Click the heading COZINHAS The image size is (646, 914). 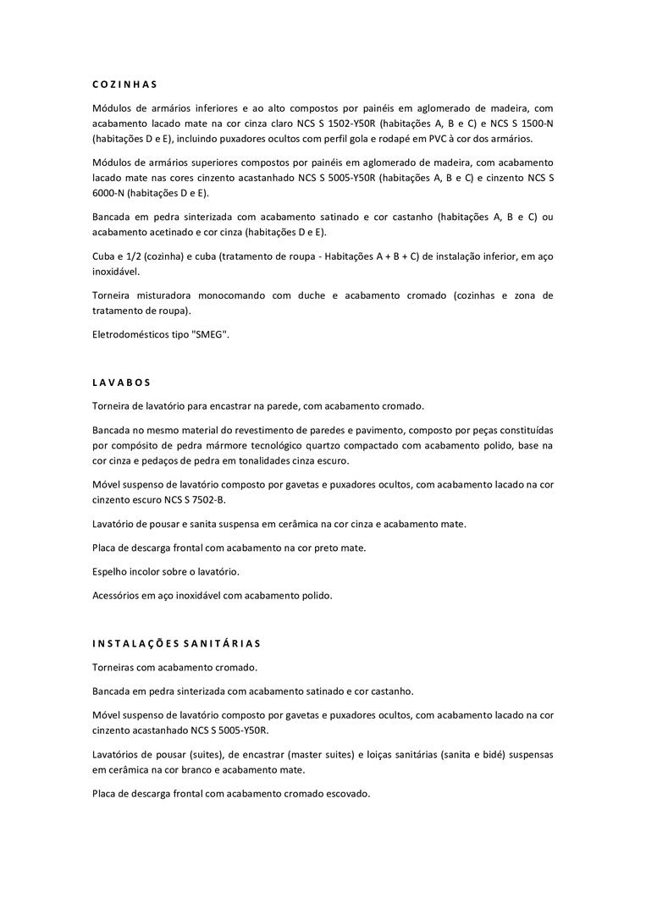125,85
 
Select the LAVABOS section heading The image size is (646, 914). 122,383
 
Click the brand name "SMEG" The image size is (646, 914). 212,334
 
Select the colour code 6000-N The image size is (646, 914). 113,193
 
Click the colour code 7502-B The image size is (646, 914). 205,500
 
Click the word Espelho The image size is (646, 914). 110,571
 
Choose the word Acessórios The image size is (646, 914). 116,595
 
